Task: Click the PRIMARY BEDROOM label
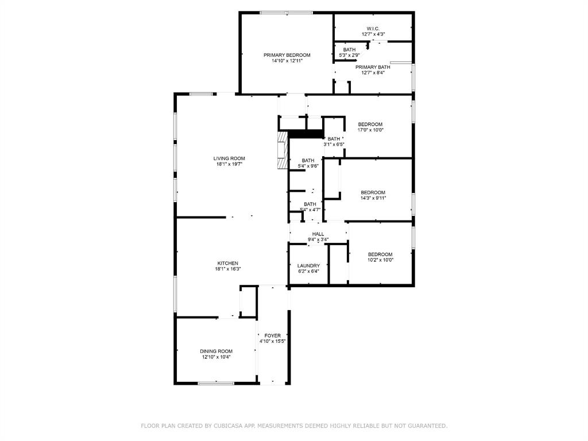click(287, 55)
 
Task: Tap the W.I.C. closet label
click(373, 29)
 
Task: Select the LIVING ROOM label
click(229, 158)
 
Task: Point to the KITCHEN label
click(228, 263)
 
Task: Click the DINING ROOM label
click(216, 351)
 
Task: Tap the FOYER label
click(273, 335)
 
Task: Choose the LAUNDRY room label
click(308, 265)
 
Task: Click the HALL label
click(318, 234)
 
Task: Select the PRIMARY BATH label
click(373, 67)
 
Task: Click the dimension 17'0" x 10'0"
click(370, 130)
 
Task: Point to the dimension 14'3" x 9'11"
click(373, 198)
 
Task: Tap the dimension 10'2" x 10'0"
click(380, 260)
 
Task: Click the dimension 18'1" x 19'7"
click(229, 164)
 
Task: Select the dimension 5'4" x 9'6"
click(308, 166)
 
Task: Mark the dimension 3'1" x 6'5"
click(334, 144)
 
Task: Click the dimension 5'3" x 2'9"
click(350, 55)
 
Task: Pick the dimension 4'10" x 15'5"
click(273, 341)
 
